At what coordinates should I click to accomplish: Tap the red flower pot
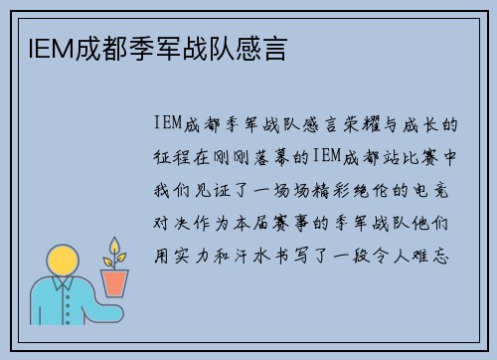(x=115, y=283)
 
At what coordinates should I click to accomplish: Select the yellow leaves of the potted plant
(x=115, y=252)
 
